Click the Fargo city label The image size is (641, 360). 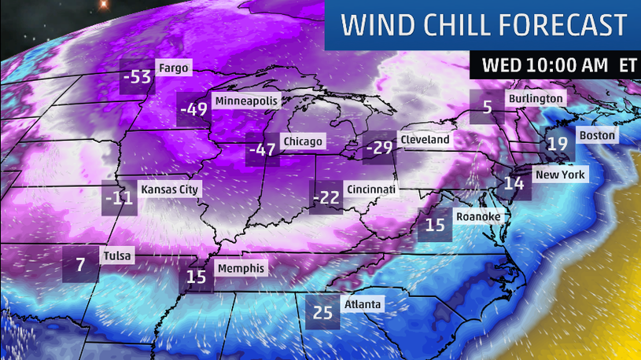point(173,68)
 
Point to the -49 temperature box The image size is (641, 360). point(193,111)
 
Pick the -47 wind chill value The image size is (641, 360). point(260,150)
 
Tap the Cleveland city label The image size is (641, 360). point(425,140)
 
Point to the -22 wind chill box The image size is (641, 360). point(326,198)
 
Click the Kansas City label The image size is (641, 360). point(170,189)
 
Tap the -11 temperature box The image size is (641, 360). point(119,198)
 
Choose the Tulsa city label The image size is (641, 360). point(117,256)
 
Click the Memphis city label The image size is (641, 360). point(241,268)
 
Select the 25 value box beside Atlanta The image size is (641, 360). point(323,312)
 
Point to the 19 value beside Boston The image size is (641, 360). point(558,144)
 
